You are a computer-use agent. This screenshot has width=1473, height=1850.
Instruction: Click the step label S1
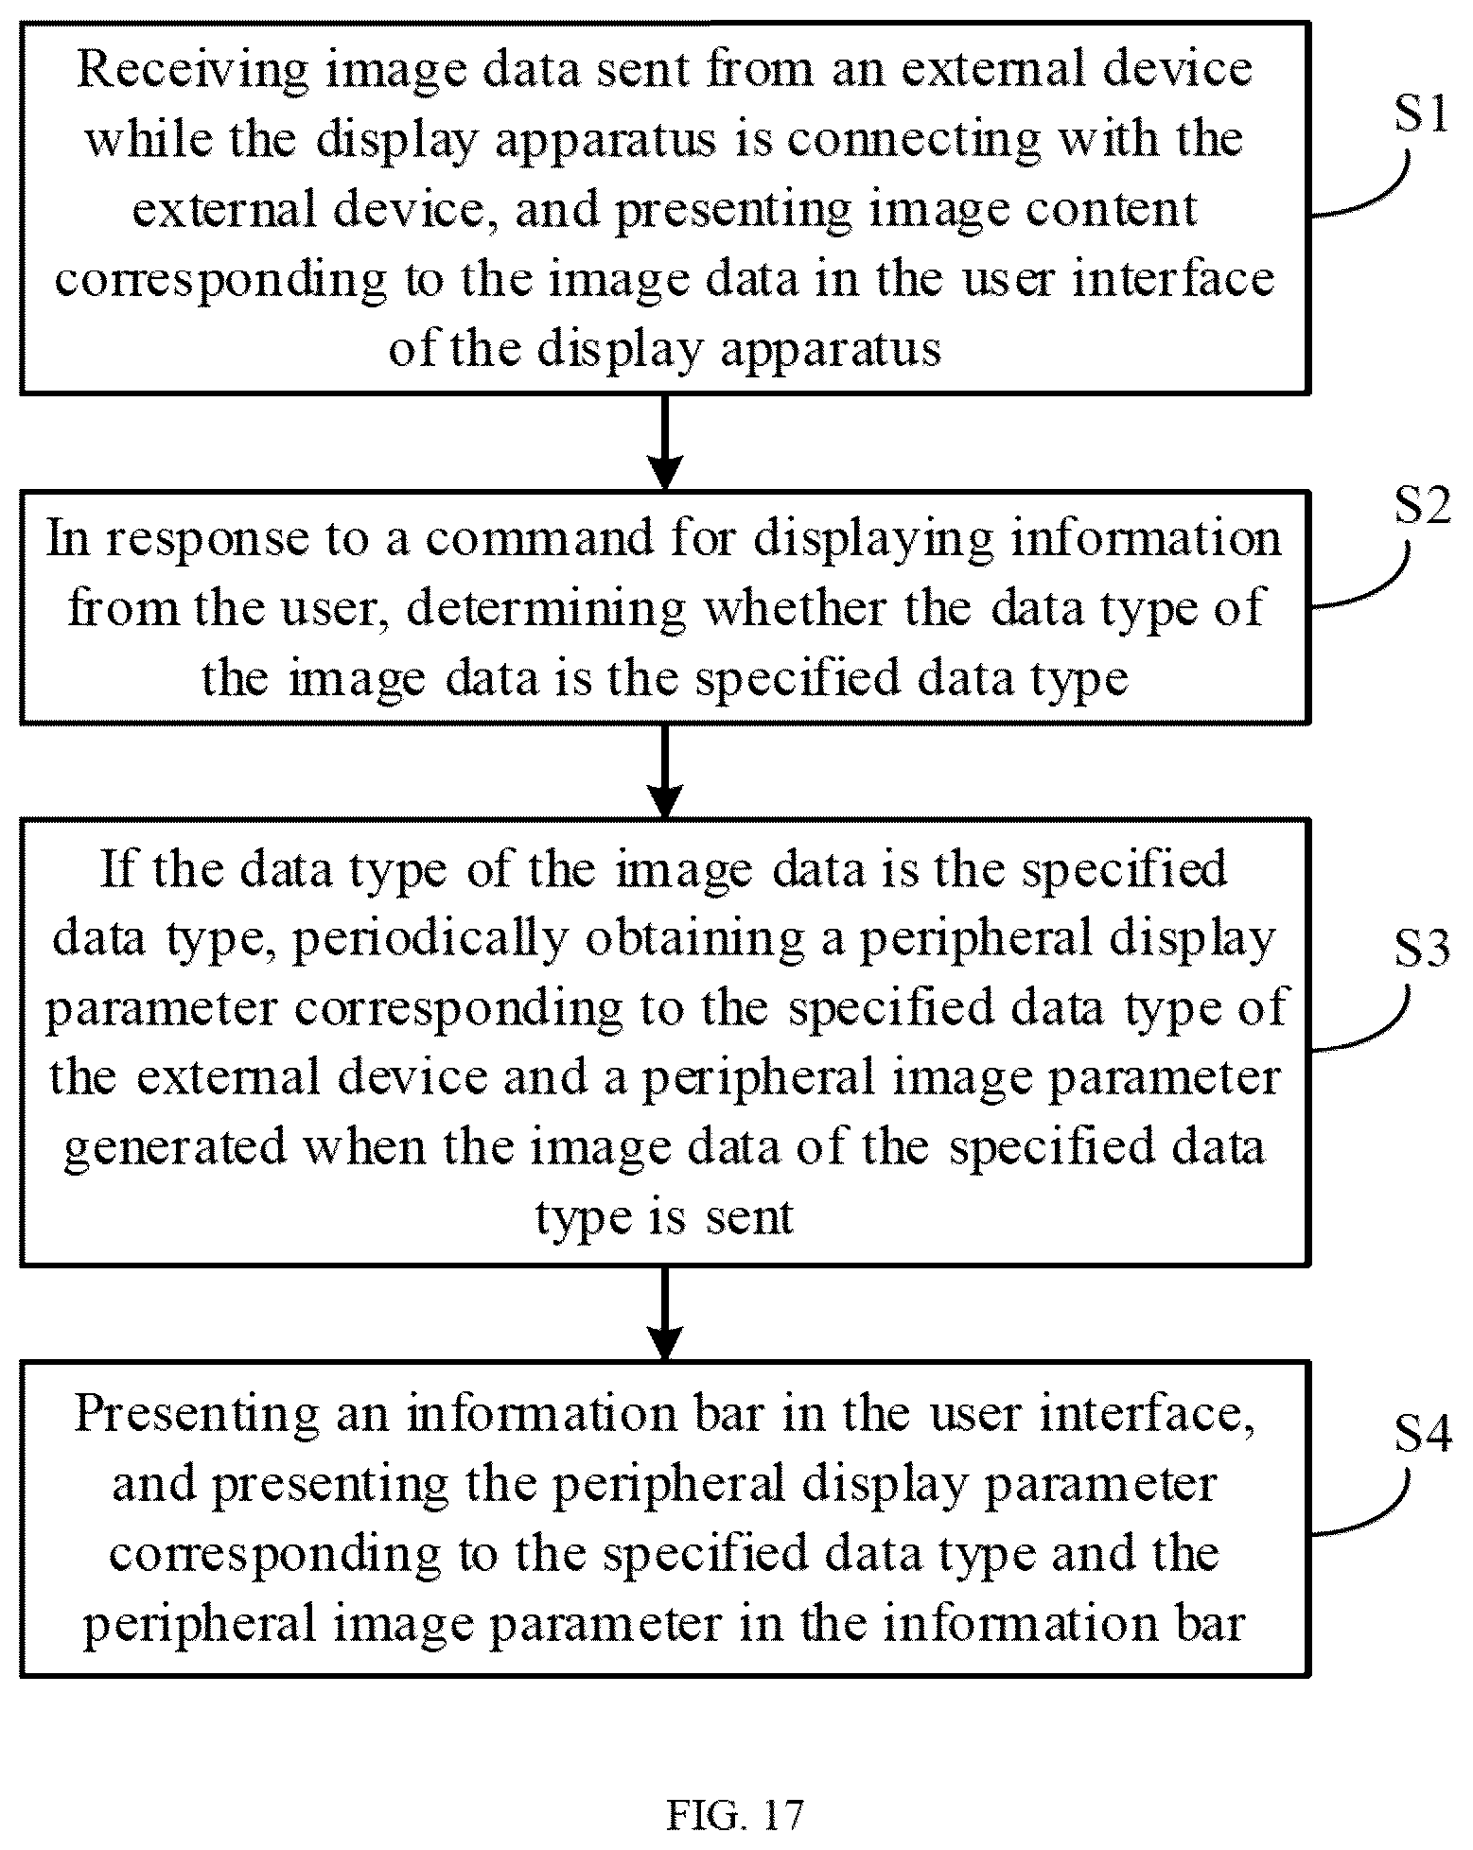coord(1421,115)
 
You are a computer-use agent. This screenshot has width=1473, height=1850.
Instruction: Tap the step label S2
coord(1422,508)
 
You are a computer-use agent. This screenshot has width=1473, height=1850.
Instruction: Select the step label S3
coord(1422,950)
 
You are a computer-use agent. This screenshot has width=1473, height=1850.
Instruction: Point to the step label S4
coord(1423,1435)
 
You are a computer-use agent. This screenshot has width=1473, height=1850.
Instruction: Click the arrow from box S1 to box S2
coord(665,442)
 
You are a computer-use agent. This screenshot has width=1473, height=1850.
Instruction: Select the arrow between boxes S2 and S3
coord(665,772)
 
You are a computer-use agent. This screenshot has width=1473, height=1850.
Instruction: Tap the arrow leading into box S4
coord(665,1314)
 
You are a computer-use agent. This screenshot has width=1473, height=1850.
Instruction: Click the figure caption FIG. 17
coord(735,1814)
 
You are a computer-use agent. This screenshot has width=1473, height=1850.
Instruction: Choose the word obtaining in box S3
coord(701,940)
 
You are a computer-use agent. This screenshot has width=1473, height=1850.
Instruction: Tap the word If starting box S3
coord(118,868)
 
